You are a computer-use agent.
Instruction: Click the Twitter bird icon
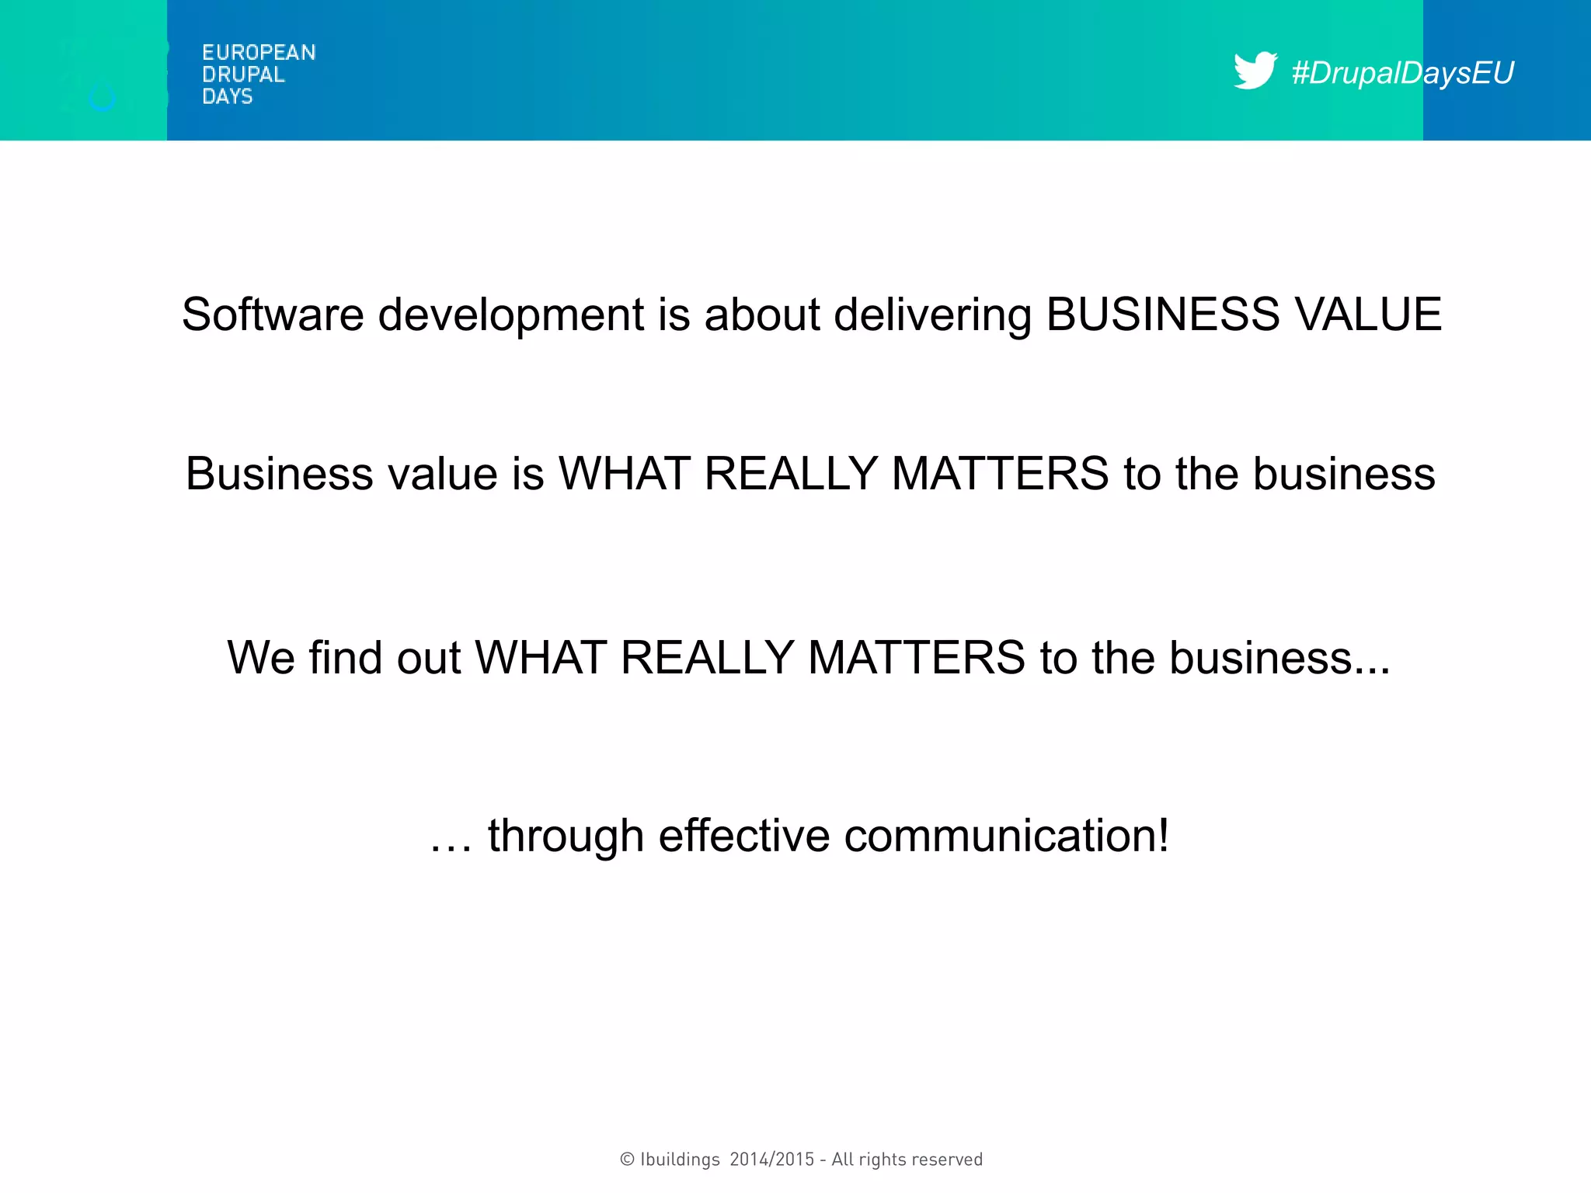[x=1255, y=71]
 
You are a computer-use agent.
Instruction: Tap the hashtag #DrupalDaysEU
[x=1402, y=73]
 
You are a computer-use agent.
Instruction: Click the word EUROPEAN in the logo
[x=259, y=53]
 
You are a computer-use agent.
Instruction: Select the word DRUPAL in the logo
[x=243, y=75]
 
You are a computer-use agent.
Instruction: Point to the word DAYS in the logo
[x=227, y=96]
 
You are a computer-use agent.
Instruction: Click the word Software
[x=273, y=315]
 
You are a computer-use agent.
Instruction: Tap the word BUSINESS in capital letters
[x=1162, y=315]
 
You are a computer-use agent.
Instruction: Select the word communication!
[x=1006, y=836]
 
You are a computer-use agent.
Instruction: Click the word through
[x=566, y=837]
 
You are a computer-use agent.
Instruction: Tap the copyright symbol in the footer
[x=627, y=1160]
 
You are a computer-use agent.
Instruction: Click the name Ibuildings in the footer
[x=680, y=1160]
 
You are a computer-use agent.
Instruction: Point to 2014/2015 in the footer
[x=771, y=1160]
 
